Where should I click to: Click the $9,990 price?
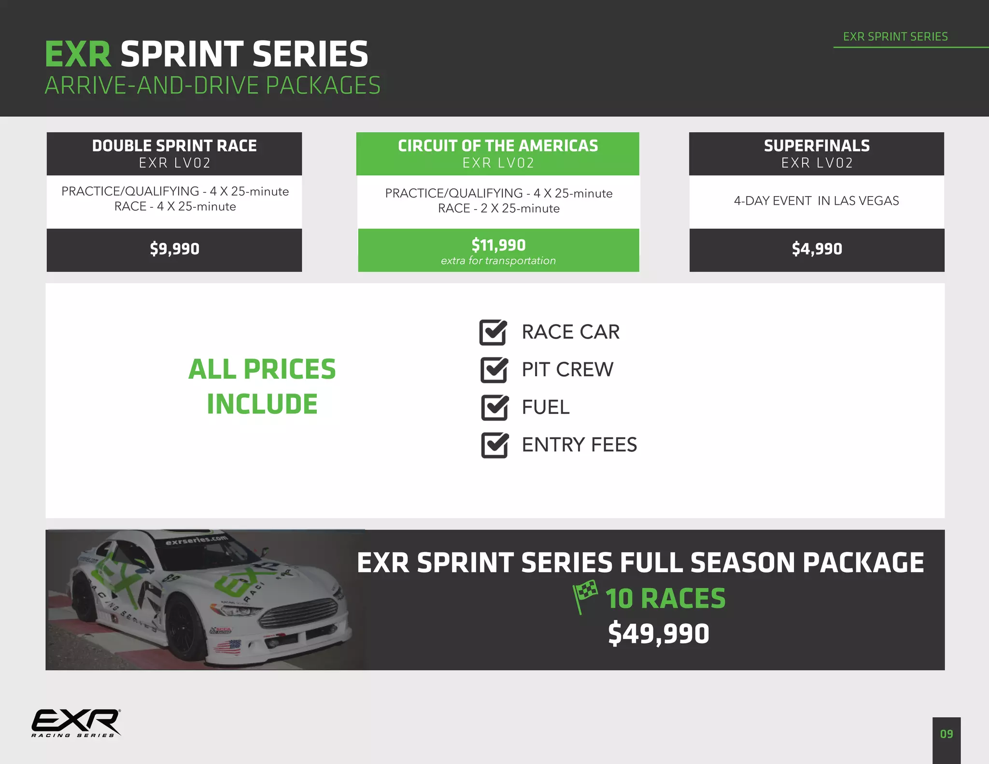pos(174,249)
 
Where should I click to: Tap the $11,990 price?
pos(498,245)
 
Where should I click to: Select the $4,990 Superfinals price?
pos(817,249)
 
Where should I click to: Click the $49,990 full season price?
pos(658,634)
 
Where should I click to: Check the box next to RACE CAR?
pos(493,332)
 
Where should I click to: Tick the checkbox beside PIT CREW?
pos(494,370)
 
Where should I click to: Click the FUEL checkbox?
pos(494,408)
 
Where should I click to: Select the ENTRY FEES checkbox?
pos(494,445)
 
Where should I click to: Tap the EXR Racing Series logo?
pos(76,723)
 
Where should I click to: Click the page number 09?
pos(947,734)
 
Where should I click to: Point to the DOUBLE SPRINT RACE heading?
pos(174,146)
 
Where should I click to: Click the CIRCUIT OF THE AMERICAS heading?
pos(498,146)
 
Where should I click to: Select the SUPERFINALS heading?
pos(817,146)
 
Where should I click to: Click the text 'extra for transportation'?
pos(498,261)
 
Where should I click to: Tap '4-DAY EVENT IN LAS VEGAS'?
pos(816,201)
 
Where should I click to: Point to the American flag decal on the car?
pos(227,646)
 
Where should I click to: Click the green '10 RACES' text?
pos(665,598)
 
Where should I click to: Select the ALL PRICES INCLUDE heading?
pos(262,386)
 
